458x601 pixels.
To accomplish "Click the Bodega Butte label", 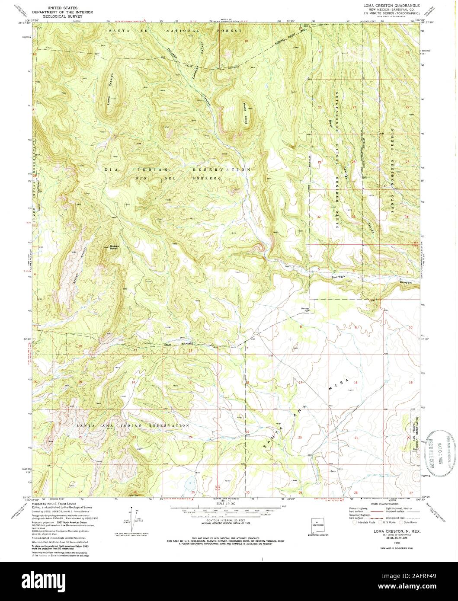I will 113,248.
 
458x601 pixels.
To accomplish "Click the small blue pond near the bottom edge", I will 189,483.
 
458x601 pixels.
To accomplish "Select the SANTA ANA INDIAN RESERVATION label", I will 133,425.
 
